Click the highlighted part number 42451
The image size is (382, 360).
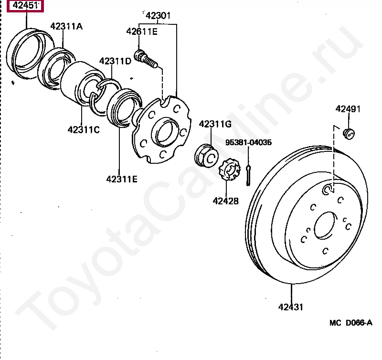(25, 6)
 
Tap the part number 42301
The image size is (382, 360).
(158, 17)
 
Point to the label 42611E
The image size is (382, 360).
(142, 32)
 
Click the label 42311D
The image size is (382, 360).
(115, 61)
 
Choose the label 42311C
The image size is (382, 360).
(84, 129)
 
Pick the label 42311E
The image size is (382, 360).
(122, 179)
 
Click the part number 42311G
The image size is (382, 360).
(215, 125)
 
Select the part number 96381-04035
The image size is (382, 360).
(249, 142)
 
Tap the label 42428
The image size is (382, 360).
(225, 201)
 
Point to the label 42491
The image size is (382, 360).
(348, 109)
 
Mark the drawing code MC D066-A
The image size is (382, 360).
(350, 323)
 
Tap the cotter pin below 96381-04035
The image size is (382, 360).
(249, 175)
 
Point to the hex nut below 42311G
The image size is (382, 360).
(206, 156)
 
